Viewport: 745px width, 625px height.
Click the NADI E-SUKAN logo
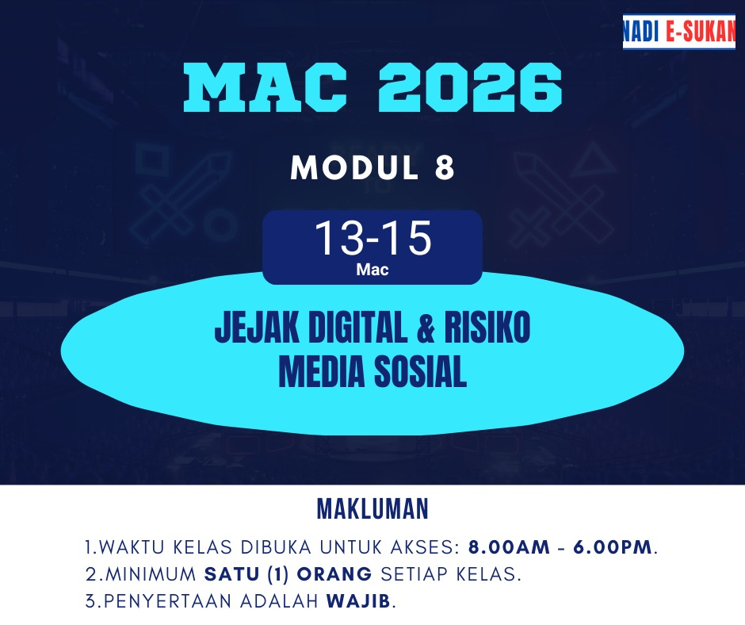click(679, 32)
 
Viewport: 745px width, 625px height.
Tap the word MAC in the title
click(266, 88)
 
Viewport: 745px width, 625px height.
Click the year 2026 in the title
click(470, 88)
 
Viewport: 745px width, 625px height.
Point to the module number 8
click(445, 168)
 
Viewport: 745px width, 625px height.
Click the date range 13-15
click(373, 238)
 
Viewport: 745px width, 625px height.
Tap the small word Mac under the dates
click(372, 270)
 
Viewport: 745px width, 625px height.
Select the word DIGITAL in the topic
click(358, 328)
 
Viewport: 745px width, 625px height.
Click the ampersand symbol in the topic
click(426, 328)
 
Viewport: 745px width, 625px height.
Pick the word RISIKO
click(487, 328)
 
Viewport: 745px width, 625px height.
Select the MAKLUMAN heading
click(373, 509)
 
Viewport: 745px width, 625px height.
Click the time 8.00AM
click(510, 547)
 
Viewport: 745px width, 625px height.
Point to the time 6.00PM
click(613, 547)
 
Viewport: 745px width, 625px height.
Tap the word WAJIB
click(358, 601)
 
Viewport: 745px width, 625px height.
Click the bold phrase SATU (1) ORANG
click(288, 574)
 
